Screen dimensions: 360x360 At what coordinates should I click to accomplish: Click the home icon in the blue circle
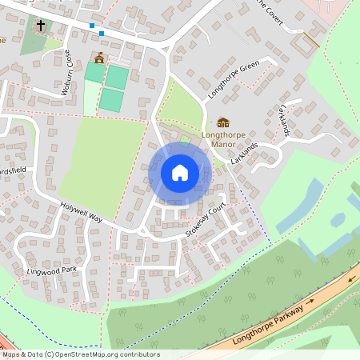(180, 172)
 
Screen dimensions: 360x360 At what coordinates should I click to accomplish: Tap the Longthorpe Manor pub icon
(223, 122)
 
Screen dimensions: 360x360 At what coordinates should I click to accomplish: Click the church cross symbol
(40, 26)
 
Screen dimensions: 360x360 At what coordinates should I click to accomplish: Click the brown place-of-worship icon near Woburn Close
(99, 58)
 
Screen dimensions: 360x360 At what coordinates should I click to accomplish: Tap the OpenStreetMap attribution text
(81, 354)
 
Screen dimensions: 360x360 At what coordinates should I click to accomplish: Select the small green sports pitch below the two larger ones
(111, 100)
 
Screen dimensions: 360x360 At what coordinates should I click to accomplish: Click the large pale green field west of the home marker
(104, 160)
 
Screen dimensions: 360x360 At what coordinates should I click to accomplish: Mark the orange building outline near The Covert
(307, 42)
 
